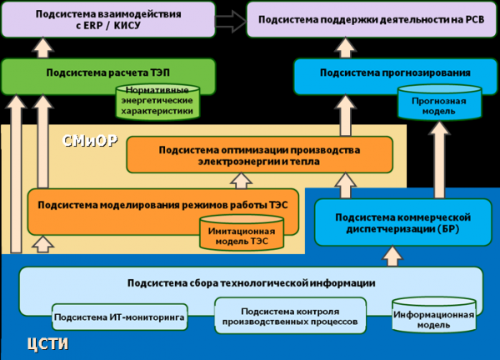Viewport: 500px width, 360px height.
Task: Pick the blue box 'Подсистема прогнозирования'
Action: click(387, 73)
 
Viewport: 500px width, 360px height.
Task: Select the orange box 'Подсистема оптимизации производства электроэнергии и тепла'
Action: click(258, 155)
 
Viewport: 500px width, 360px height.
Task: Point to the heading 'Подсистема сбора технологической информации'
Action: click(250, 282)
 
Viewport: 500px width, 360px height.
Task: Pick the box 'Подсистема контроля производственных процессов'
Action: click(289, 314)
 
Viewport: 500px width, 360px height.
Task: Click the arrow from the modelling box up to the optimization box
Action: click(242, 179)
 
